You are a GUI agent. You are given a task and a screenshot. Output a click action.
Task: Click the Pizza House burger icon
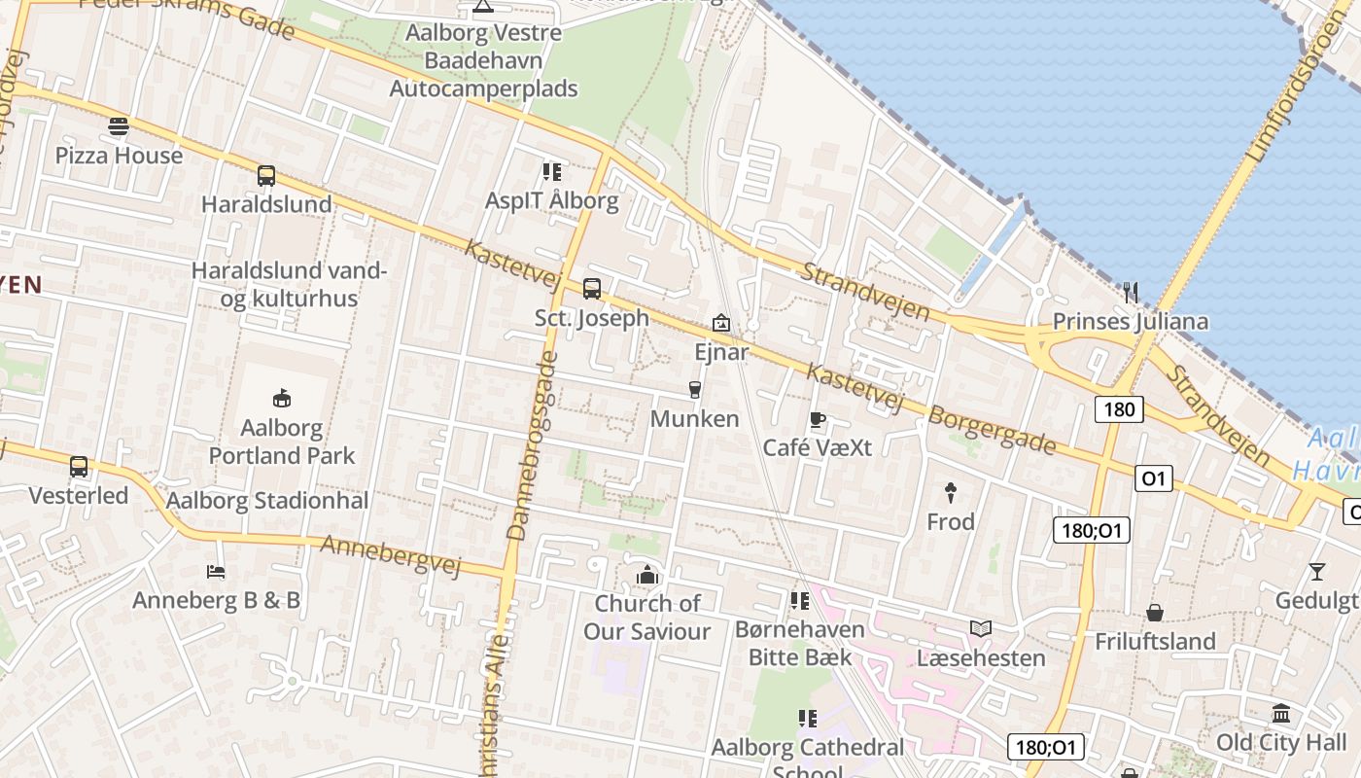pos(119,126)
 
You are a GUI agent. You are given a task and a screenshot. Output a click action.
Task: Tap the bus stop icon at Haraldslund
pos(265,176)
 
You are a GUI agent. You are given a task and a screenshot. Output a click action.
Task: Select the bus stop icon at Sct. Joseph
pos(591,289)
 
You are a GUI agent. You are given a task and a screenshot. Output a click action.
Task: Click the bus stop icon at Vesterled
pos(79,467)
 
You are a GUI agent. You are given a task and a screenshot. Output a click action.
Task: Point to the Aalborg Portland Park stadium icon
pos(282,397)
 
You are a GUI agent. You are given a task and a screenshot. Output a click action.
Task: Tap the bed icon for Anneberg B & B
pos(216,571)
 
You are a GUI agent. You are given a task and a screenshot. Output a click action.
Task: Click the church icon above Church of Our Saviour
pos(646,575)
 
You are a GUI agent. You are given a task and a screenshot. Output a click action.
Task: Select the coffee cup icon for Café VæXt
pos(817,420)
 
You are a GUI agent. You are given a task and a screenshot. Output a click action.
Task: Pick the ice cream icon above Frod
pos(950,492)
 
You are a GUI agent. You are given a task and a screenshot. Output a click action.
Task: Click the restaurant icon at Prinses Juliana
pos(1130,292)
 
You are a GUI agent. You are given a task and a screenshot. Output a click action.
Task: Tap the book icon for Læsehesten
pos(980,629)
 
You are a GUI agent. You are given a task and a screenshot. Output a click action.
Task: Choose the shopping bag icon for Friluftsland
pos(1154,613)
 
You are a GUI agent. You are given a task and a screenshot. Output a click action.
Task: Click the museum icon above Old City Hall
pos(1281,714)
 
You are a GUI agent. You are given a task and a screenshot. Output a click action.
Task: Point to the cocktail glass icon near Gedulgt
pos(1316,571)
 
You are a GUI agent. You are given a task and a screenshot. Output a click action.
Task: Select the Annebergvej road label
pos(390,555)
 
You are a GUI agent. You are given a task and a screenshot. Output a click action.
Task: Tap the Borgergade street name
pos(992,429)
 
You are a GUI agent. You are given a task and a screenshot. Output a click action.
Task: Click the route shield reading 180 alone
pos(1119,409)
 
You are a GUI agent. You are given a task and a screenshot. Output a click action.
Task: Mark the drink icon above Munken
pos(694,390)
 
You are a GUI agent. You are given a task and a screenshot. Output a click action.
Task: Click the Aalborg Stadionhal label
pos(267,502)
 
